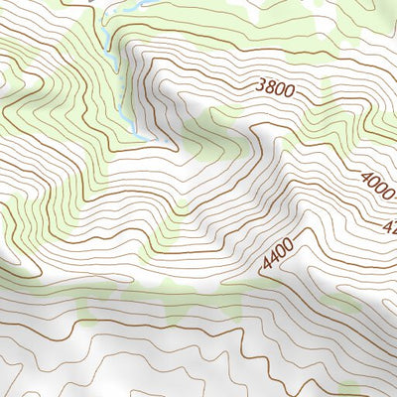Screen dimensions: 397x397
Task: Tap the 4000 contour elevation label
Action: [x=378, y=186]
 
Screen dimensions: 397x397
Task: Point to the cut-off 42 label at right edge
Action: [x=389, y=226]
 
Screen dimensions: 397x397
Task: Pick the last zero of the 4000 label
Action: [x=389, y=195]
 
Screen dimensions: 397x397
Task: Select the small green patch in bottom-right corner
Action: [x=349, y=389]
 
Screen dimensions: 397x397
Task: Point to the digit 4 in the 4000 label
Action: [x=366, y=177]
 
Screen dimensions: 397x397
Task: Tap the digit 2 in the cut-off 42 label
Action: [x=392, y=229]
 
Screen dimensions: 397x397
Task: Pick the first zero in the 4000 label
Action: [x=374, y=183]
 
